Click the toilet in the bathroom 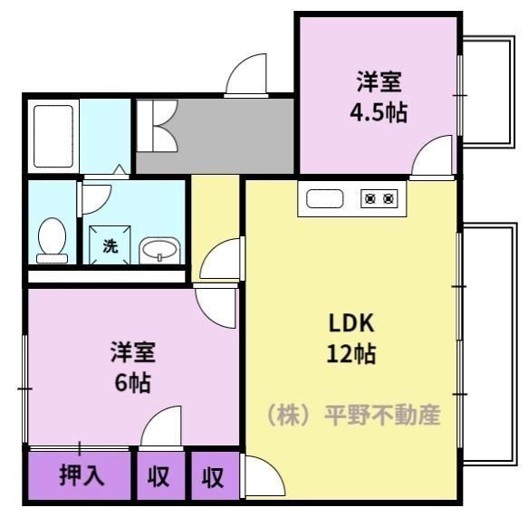coord(53,241)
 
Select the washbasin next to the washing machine coord(161,249)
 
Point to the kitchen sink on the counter coord(324,198)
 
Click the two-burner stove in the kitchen coord(379,198)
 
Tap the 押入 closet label coord(81,475)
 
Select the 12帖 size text coord(351,353)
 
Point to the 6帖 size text coord(132,381)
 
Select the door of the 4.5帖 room coord(431,156)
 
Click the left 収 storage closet coord(159,475)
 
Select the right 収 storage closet coord(213,476)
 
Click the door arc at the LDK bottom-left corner coord(257,474)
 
